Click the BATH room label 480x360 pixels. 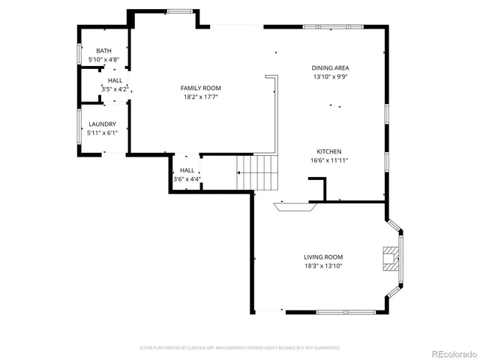click(103, 50)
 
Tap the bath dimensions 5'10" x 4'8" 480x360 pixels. click(103, 58)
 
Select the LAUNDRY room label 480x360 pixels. click(102, 124)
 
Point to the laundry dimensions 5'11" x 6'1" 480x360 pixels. click(102, 133)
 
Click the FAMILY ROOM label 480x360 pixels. click(200, 88)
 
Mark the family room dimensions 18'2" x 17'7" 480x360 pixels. click(200, 97)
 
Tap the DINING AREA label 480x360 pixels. click(330, 67)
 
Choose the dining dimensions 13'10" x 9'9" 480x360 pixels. click(330, 76)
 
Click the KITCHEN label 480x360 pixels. click(329, 151)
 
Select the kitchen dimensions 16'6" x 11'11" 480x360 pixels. click(329, 160)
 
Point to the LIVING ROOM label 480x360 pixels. click(322, 256)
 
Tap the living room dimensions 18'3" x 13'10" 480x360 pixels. click(322, 265)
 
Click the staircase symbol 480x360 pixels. click(257, 172)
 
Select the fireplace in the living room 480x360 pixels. click(390, 258)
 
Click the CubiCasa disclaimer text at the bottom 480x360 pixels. click(240, 348)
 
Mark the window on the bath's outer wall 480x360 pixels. click(80, 55)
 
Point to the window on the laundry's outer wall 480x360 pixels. click(80, 127)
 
